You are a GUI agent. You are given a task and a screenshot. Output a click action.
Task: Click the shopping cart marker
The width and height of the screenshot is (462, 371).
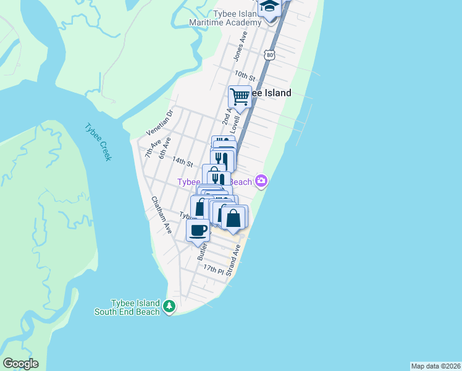[240, 96]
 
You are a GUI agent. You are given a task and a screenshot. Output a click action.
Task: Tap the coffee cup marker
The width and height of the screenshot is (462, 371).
[198, 231]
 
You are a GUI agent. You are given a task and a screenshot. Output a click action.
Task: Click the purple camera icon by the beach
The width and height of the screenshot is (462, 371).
[262, 181]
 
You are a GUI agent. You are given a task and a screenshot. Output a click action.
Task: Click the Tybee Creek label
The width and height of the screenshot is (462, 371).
[98, 142]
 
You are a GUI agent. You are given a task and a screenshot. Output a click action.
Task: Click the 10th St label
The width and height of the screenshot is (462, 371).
[245, 75]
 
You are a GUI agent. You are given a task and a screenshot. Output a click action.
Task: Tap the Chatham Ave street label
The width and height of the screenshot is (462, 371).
[161, 215]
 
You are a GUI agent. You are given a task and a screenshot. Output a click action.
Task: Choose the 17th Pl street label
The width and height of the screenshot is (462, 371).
[214, 269]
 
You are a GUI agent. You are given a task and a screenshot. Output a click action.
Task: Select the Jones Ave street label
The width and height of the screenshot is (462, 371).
[240, 46]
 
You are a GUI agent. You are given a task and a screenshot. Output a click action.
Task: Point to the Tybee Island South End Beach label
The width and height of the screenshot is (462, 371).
[127, 307]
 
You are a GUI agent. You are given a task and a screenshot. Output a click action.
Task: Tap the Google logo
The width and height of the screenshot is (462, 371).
[20, 364]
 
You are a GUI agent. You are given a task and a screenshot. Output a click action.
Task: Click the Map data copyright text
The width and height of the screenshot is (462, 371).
[435, 365]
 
